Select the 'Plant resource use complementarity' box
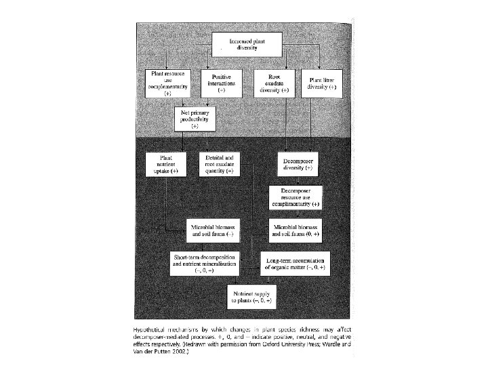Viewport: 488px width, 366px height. click(167, 83)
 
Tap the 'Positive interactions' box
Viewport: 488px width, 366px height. click(222, 83)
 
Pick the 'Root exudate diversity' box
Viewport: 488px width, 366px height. click(274, 83)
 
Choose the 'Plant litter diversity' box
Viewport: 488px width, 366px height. click(321, 83)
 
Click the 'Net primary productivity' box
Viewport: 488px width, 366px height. click(195, 119)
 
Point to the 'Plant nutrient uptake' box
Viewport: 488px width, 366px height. click(166, 165)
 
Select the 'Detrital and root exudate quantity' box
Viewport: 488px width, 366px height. click(220, 165)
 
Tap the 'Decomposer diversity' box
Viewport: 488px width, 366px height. click(298, 163)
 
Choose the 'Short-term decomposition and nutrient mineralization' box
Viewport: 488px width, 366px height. click(204, 261)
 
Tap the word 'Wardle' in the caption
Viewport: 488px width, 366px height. click(343, 346)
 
